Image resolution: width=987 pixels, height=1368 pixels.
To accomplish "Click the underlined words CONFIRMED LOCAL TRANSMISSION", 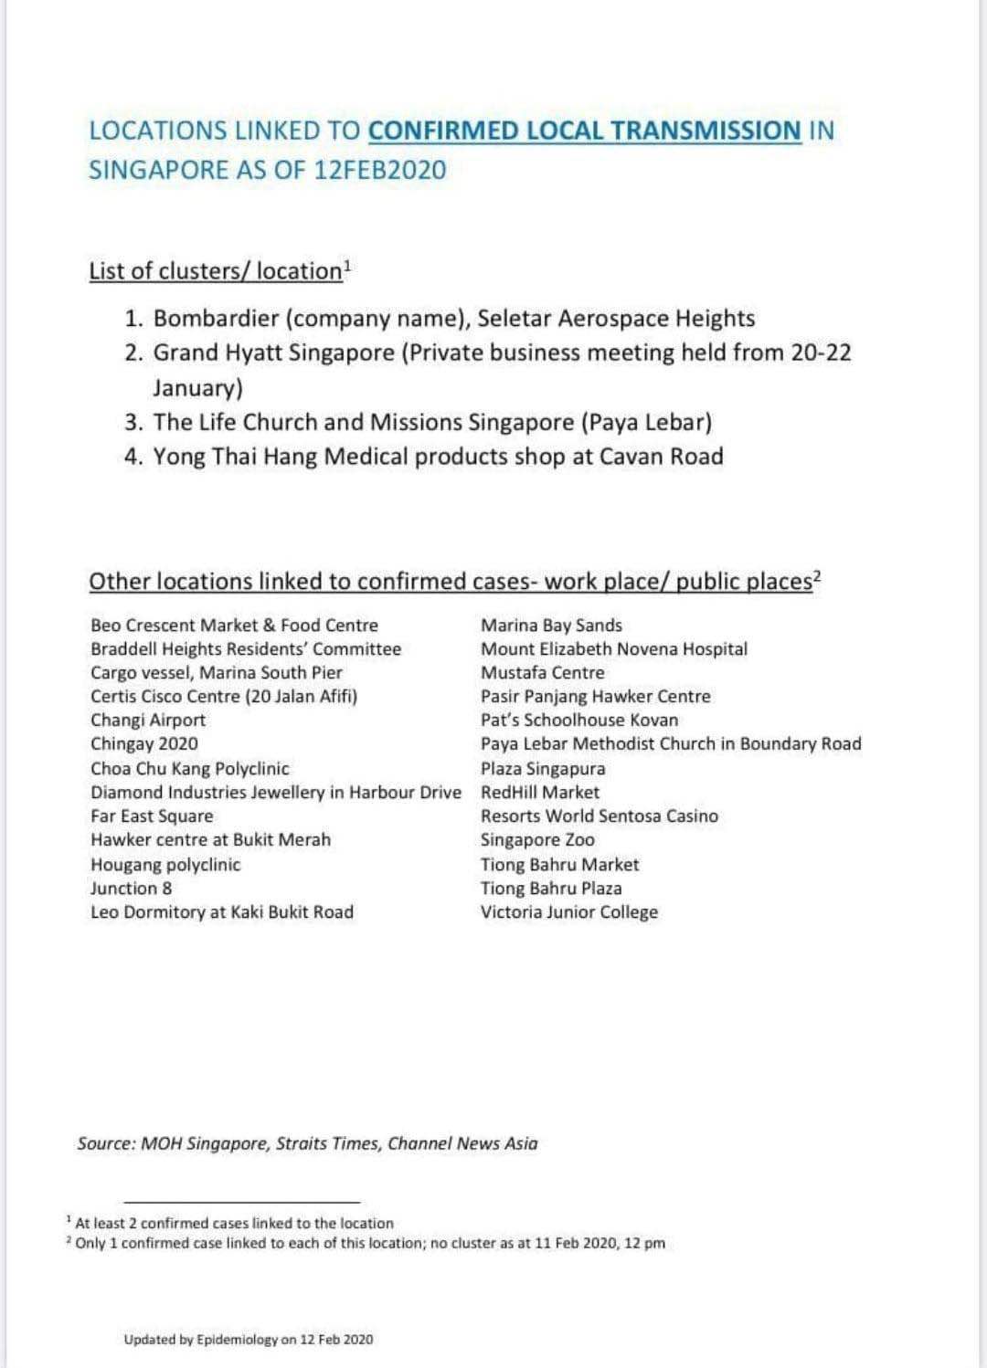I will [584, 131].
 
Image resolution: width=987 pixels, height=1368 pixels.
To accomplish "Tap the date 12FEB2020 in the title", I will [379, 171].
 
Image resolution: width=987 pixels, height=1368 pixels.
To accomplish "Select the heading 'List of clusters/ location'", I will [216, 271].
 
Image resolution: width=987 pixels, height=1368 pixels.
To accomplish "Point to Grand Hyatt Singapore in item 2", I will [273, 353].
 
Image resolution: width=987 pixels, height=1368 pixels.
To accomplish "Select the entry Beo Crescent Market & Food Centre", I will [234, 626].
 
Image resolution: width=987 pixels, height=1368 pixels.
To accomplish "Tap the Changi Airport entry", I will [148, 720].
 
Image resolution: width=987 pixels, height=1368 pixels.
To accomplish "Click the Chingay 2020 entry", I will [144, 744].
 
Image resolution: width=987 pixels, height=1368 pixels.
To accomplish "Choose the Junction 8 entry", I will [132, 889].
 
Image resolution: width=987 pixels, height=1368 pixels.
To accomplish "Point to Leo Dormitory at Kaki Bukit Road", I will [222, 912].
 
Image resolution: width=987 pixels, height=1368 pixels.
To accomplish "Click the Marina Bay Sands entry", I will [551, 626].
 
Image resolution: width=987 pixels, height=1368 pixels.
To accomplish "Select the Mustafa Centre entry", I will [543, 673].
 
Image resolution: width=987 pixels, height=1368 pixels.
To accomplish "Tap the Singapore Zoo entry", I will [537, 840].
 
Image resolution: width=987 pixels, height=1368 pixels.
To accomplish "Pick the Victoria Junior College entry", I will [569, 912].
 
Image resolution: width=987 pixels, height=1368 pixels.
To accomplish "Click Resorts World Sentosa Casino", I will [600, 816].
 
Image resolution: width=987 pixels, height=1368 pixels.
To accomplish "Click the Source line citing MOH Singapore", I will [308, 1143].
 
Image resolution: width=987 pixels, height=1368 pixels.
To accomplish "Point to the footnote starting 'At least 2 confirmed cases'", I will [234, 1223].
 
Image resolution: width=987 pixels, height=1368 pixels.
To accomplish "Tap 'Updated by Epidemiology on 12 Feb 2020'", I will [249, 1340].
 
